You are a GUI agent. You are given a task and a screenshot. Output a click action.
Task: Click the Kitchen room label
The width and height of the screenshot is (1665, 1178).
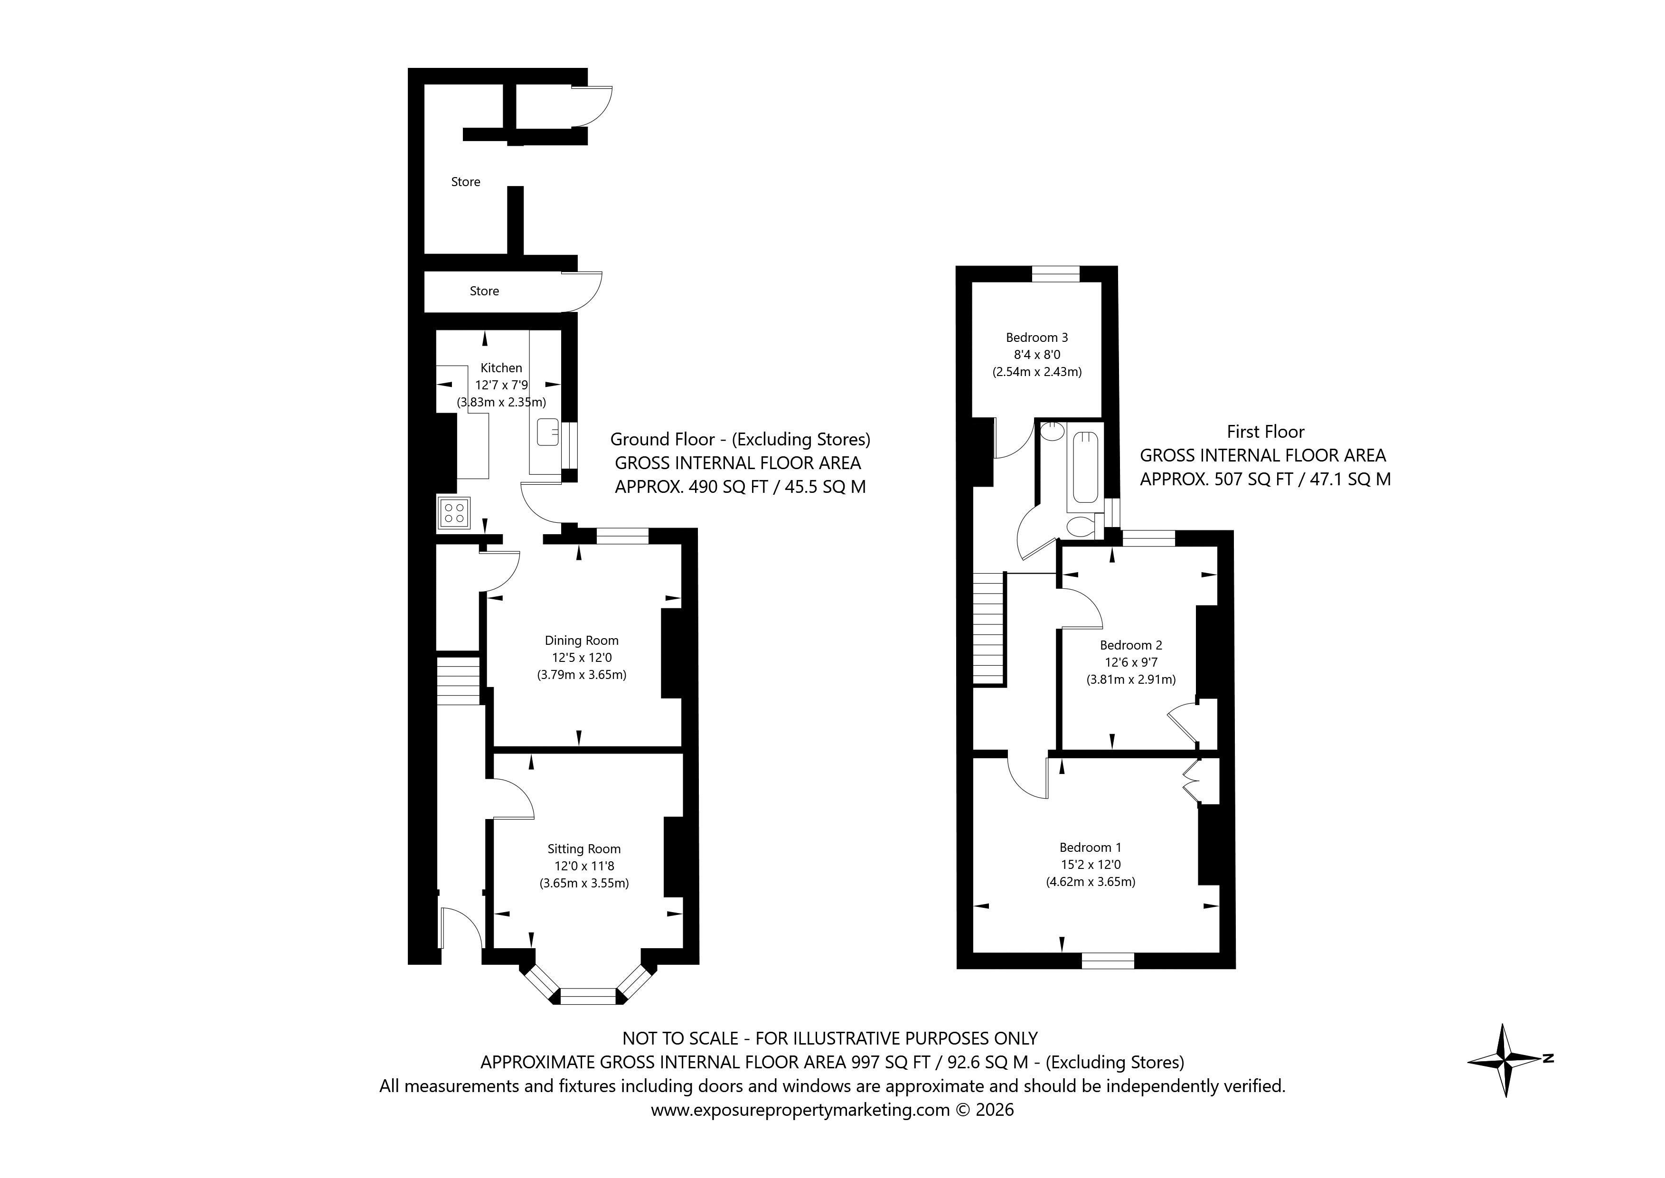501,368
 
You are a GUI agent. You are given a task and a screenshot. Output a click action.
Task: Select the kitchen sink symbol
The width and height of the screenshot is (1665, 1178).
547,433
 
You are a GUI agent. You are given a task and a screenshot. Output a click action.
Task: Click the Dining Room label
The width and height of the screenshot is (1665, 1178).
582,641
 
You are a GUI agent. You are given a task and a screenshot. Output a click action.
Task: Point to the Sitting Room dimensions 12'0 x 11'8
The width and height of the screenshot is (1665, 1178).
584,866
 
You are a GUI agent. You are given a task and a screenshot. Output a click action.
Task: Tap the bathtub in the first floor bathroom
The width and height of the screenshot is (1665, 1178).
1085,468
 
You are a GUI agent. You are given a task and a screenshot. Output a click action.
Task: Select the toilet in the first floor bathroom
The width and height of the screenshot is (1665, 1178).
1082,527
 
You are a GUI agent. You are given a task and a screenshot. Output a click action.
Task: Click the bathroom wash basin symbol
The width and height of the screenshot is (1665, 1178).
1050,433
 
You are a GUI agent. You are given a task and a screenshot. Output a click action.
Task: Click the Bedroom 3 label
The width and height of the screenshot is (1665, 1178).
1036,337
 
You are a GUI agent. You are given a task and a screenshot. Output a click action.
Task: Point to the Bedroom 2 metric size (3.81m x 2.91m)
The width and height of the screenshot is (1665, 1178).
1130,679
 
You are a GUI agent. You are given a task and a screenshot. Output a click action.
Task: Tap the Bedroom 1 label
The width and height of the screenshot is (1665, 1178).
1090,847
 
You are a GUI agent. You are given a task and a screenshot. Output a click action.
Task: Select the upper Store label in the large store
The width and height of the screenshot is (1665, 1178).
466,182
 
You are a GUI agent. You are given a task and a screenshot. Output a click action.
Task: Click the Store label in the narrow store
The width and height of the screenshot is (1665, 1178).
484,291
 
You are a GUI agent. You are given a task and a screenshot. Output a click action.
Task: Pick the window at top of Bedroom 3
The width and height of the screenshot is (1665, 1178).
1055,273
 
